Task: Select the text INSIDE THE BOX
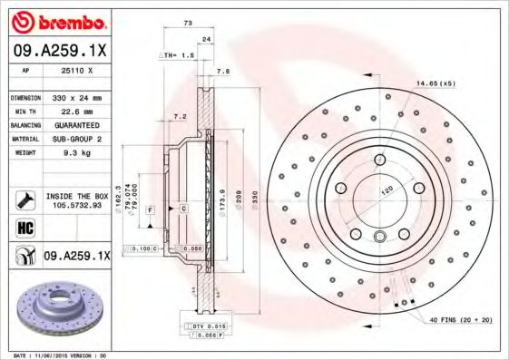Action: click(75, 194)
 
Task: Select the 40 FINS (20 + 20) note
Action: click(460, 321)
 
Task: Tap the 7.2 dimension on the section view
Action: click(180, 117)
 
